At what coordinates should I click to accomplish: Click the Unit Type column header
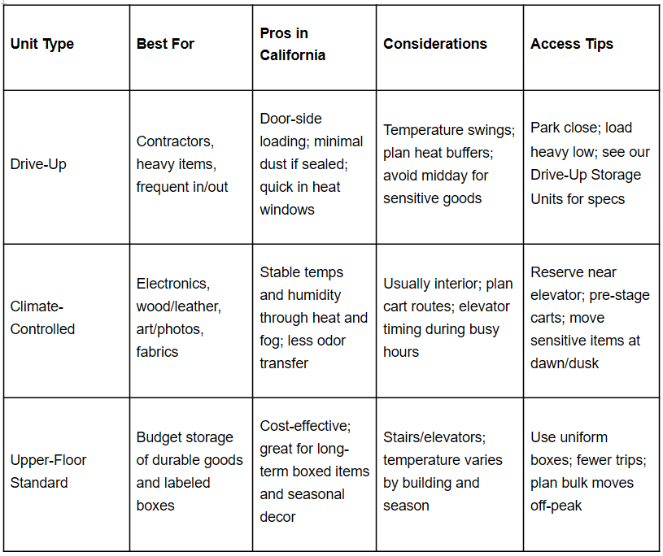click(42, 44)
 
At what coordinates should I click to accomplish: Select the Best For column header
click(165, 44)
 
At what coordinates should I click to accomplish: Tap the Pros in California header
click(292, 44)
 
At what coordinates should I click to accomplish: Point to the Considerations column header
click(435, 44)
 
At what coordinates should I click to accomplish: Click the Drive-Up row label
click(38, 164)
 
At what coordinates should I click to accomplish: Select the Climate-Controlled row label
click(42, 318)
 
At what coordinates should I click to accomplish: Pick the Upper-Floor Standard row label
click(48, 471)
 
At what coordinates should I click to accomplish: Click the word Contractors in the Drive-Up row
click(175, 141)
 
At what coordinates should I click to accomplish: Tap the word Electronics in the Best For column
click(172, 284)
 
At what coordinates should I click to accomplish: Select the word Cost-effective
click(303, 426)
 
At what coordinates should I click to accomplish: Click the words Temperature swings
click(448, 130)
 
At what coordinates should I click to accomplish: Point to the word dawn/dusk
click(565, 363)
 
